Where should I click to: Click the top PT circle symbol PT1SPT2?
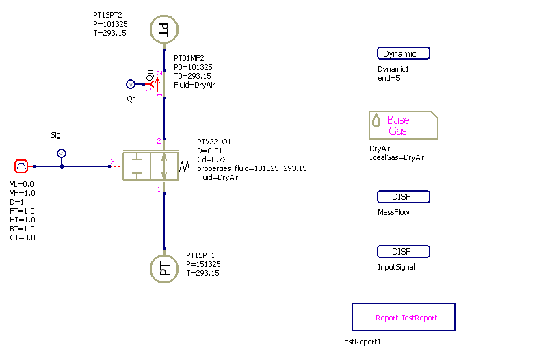tap(164, 29)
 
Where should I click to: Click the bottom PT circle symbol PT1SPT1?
tap(164, 268)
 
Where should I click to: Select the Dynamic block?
tap(403, 53)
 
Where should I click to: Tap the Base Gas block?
tap(403, 125)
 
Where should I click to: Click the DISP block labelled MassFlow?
tap(403, 197)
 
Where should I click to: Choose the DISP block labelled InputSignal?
tap(403, 251)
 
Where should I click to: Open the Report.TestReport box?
tap(403, 318)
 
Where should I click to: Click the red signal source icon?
tap(21, 166)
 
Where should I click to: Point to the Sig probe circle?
tap(62, 153)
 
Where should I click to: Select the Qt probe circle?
tap(131, 84)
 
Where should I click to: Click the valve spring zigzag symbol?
tap(183, 166)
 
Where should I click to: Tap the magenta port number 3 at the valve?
tap(112, 162)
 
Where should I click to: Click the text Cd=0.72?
tap(212, 159)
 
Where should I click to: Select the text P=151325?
tap(203, 264)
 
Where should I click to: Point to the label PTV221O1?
tap(213, 142)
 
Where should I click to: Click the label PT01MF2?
tap(189, 59)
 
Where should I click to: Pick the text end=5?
tap(389, 78)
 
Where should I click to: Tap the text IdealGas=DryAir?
tap(396, 157)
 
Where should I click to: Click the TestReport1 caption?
tap(360, 342)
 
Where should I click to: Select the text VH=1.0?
tap(22, 193)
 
